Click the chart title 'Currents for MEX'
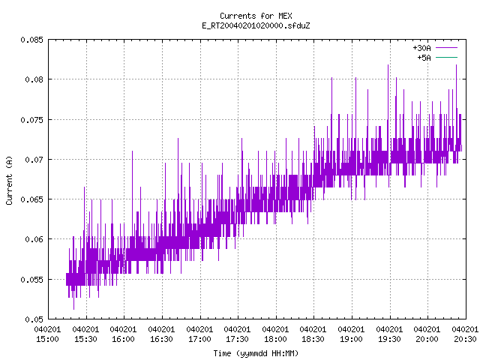pos(256,16)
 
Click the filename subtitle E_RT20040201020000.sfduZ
pos(256,25)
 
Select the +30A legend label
pos(421,48)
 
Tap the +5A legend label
pos(424,58)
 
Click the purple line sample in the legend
pos(447,48)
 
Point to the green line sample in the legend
pos(447,57)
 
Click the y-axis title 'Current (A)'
pos(9,180)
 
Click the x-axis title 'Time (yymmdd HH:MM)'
pos(256,353)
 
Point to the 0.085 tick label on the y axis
pos(31,40)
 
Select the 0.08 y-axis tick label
pos(34,79)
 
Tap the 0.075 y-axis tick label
pos(31,120)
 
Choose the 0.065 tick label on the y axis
pos(31,199)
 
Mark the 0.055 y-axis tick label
pos(31,280)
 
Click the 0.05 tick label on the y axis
pos(34,319)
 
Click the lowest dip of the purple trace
pos(73,309)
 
